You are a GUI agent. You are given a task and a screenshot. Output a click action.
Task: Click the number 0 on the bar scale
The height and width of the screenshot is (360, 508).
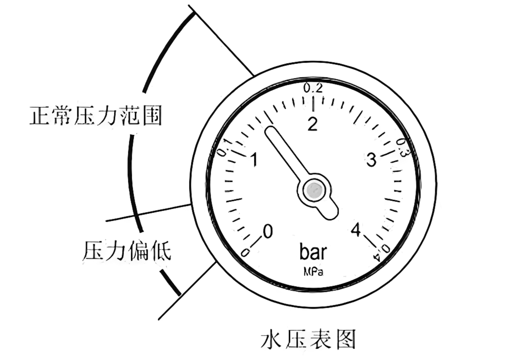(x=267, y=231)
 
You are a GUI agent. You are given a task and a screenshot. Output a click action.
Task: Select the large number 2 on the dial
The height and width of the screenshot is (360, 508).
(x=313, y=124)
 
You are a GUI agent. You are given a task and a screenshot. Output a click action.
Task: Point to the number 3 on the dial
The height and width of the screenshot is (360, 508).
(x=371, y=161)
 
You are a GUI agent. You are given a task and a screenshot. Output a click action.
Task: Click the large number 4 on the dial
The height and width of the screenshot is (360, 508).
(x=356, y=231)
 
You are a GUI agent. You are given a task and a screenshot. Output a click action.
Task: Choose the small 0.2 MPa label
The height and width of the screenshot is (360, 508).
(x=313, y=88)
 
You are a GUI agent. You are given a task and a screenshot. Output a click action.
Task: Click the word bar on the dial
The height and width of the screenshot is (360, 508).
(x=313, y=252)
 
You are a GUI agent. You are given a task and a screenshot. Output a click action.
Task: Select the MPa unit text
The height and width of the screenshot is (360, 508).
(x=313, y=272)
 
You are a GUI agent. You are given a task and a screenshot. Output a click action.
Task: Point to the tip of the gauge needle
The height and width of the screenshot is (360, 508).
(x=269, y=131)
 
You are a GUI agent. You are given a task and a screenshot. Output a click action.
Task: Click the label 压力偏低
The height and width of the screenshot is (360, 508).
(x=127, y=251)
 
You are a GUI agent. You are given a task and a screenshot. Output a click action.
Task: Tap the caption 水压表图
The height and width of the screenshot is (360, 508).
(x=308, y=339)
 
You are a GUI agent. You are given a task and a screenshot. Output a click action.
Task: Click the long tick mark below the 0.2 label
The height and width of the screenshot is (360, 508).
(x=313, y=102)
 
